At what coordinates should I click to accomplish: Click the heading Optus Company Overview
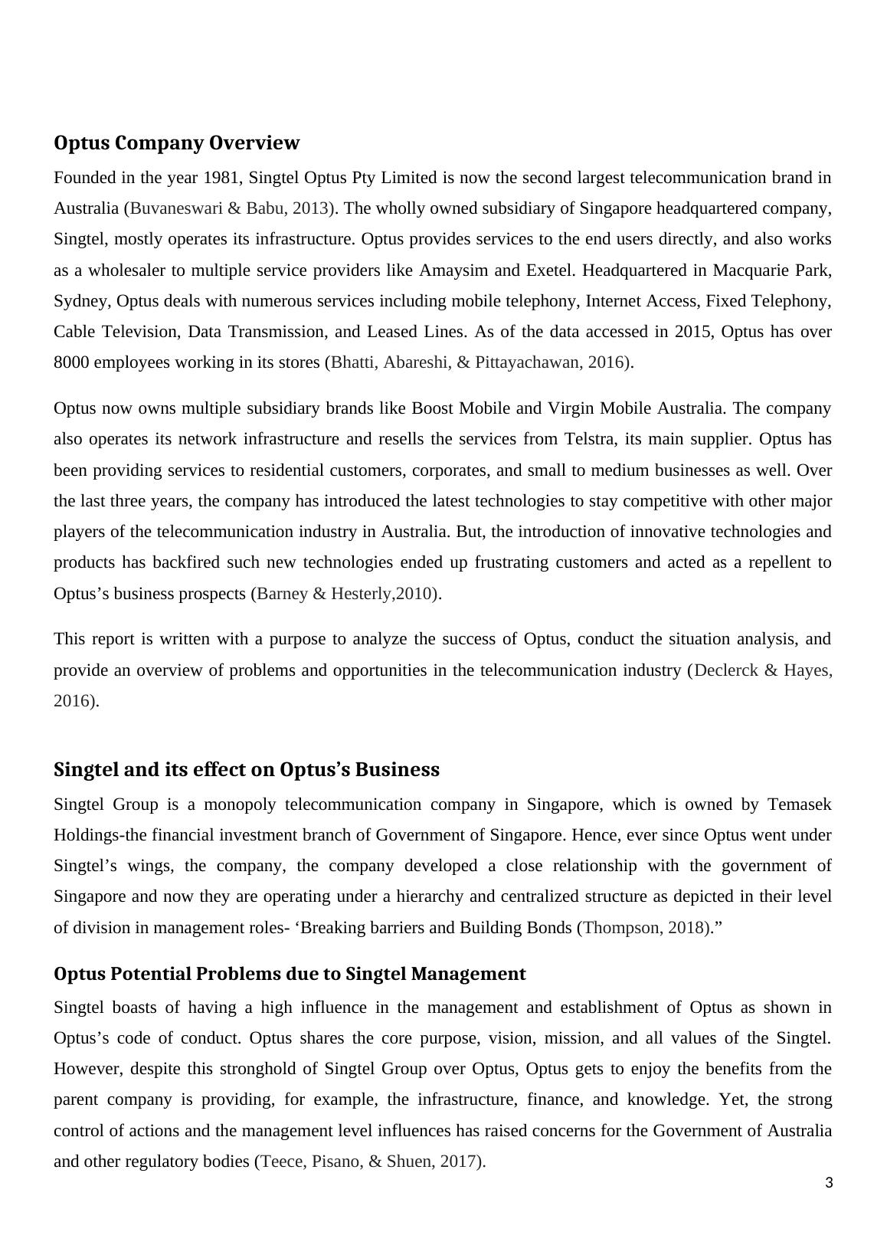(176, 143)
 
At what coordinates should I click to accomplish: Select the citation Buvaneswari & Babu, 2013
(229, 208)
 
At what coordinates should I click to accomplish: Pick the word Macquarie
(750, 270)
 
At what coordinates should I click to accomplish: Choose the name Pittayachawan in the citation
(528, 362)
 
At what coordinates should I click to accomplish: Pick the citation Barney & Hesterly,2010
(345, 594)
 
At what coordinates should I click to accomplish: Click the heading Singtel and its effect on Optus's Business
(247, 769)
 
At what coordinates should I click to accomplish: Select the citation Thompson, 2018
(645, 928)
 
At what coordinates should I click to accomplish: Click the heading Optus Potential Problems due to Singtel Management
(290, 974)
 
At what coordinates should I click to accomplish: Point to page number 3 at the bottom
(829, 1183)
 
